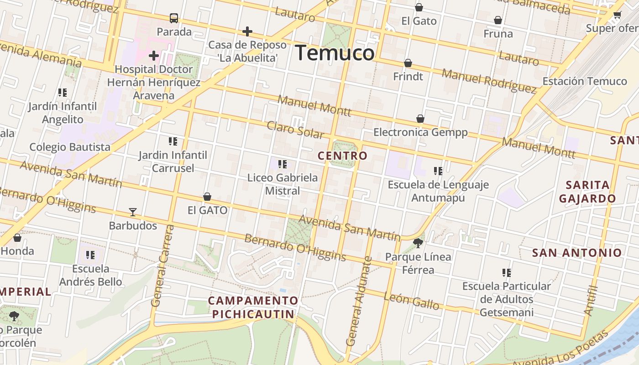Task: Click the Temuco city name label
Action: click(x=335, y=53)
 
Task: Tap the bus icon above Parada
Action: click(x=174, y=18)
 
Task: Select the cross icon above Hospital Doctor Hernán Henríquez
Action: click(x=154, y=56)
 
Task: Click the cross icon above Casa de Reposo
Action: click(x=247, y=31)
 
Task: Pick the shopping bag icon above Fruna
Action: click(x=498, y=20)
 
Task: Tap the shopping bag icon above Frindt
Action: click(x=408, y=63)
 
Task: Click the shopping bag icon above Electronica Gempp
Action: click(x=420, y=119)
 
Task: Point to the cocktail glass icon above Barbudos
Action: click(x=133, y=212)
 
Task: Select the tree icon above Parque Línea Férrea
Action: click(x=418, y=243)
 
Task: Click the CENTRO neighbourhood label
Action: click(x=342, y=156)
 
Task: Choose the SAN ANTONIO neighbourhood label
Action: click(x=577, y=253)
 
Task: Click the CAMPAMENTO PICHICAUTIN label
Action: click(x=253, y=307)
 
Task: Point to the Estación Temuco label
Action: click(x=584, y=81)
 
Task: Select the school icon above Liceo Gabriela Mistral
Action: click(x=283, y=164)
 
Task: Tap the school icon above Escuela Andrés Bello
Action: click(x=90, y=255)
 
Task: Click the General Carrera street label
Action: click(x=162, y=266)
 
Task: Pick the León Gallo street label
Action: click(x=411, y=301)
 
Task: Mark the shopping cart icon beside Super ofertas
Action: click(x=617, y=15)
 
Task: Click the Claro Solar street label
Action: click(x=295, y=130)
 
